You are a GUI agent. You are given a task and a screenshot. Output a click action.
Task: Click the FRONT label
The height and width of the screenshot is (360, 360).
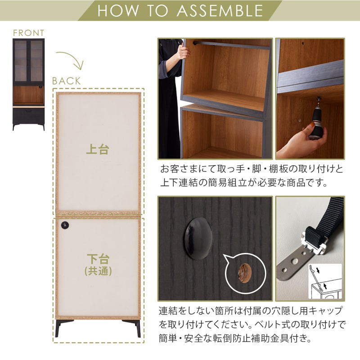click(x=29, y=33)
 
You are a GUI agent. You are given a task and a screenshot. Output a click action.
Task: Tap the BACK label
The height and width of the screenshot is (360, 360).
click(x=67, y=81)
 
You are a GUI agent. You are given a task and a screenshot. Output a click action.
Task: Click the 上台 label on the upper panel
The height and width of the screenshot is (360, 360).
click(x=98, y=149)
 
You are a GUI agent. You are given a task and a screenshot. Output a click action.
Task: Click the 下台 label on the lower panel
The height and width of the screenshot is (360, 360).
click(x=98, y=259)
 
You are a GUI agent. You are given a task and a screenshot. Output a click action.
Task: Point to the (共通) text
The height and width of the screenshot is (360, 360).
click(x=98, y=272)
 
